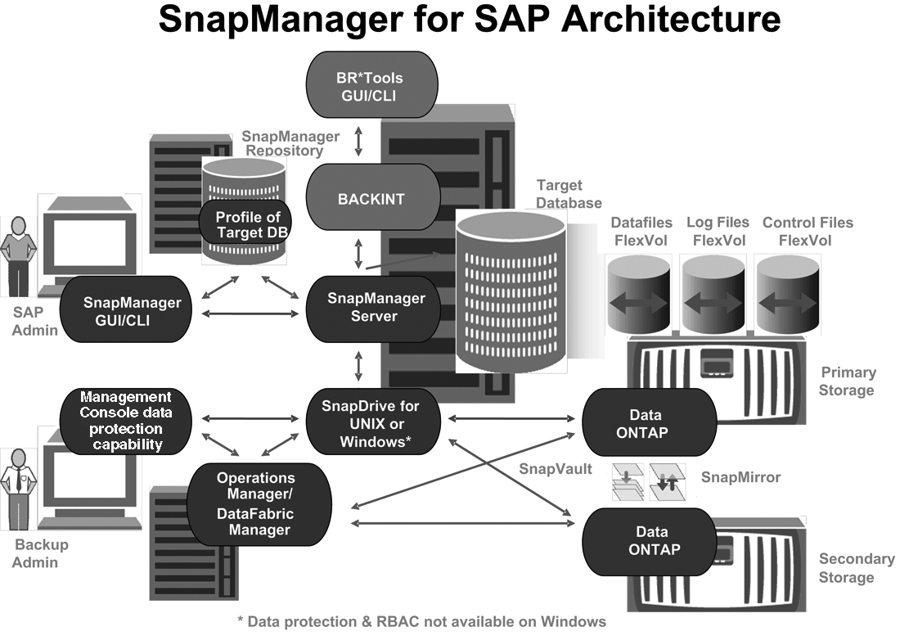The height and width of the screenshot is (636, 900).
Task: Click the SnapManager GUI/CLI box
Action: click(x=132, y=310)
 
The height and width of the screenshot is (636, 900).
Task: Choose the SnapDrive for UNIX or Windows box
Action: click(x=373, y=424)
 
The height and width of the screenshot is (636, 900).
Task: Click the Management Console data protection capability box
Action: click(x=127, y=421)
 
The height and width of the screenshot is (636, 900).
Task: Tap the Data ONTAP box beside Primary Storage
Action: click(x=647, y=423)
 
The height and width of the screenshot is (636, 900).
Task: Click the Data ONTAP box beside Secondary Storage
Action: click(x=647, y=540)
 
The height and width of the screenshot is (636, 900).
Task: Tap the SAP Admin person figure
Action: click(x=19, y=258)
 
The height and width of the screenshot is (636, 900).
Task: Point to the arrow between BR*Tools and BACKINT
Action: click(x=358, y=140)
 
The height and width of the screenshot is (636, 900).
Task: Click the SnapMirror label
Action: click(x=740, y=476)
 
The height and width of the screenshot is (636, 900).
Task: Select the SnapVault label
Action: click(x=555, y=469)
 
